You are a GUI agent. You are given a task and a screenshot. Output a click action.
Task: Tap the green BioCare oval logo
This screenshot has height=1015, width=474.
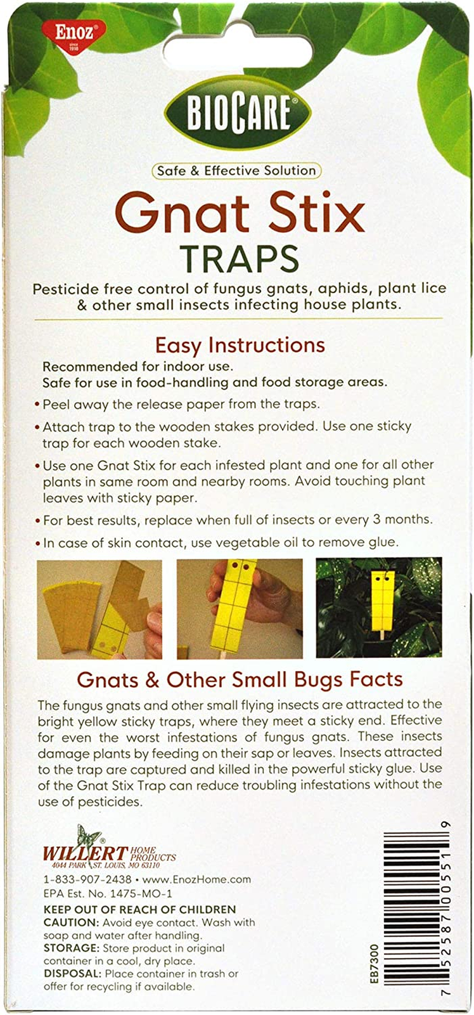pyautogui.click(x=238, y=114)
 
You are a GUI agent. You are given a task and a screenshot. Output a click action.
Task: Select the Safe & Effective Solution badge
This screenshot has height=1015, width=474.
pyautogui.click(x=236, y=171)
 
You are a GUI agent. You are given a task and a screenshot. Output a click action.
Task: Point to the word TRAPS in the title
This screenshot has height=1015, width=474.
pyautogui.click(x=239, y=259)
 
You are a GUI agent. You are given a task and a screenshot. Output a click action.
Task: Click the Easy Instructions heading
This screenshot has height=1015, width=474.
pyautogui.click(x=240, y=345)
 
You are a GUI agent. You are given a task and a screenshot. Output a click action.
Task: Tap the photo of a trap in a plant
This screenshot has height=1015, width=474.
pyautogui.click(x=379, y=608)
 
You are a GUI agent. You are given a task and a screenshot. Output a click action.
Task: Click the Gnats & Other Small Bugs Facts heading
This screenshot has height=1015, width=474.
pyautogui.click(x=240, y=679)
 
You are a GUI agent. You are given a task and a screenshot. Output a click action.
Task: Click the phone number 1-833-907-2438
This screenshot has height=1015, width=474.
pyautogui.click(x=87, y=880)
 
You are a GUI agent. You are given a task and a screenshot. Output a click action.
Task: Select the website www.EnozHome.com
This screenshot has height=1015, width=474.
pyautogui.click(x=196, y=880)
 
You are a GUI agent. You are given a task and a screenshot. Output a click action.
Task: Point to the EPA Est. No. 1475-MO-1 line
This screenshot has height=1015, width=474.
pyautogui.click(x=108, y=894)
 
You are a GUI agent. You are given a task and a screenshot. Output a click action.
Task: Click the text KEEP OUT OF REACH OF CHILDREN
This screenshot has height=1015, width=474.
pyautogui.click(x=139, y=910)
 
